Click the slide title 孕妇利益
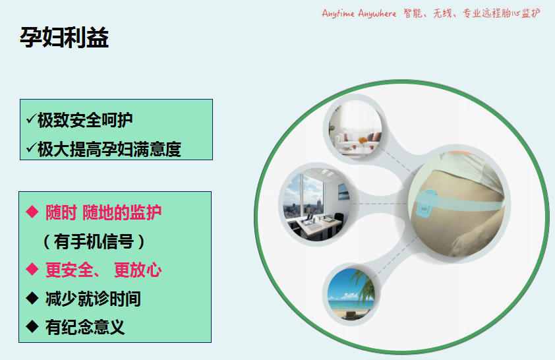click(64, 38)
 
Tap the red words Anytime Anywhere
click(359, 13)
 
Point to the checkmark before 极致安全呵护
click(32, 118)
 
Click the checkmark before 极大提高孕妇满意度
click(32, 147)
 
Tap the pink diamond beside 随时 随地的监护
click(32, 212)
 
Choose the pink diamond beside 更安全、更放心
click(32, 269)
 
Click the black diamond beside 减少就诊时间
click(32, 298)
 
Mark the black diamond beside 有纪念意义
click(32, 326)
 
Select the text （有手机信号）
click(94, 242)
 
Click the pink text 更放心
click(138, 270)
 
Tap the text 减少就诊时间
click(93, 299)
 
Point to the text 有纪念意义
click(85, 327)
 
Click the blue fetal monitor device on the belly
click(426, 203)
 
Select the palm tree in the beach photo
click(362, 287)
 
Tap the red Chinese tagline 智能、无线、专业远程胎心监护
click(472, 13)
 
